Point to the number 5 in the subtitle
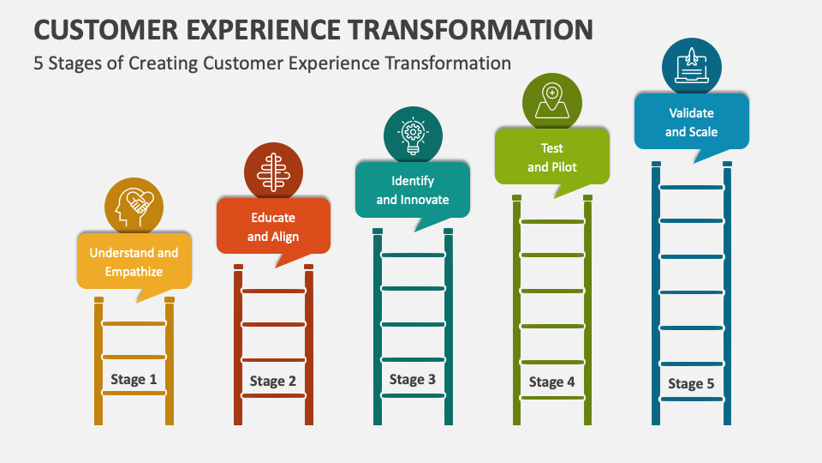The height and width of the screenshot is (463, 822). [x=39, y=63]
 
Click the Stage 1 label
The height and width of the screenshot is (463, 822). [x=134, y=379]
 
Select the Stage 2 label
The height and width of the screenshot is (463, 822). [x=273, y=381]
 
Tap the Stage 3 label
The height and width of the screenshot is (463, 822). [x=413, y=379]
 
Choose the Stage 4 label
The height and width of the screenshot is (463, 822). [x=552, y=382]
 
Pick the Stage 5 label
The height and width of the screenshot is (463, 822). [x=691, y=383]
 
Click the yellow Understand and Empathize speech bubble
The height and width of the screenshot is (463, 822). [x=134, y=262]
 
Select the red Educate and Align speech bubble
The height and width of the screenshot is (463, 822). [x=273, y=226]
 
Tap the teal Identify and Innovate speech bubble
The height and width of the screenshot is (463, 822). [x=413, y=190]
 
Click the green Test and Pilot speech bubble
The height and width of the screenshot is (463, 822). [x=552, y=157]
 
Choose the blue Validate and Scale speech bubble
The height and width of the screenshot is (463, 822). [x=691, y=122]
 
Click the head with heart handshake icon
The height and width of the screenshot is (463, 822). [x=134, y=206]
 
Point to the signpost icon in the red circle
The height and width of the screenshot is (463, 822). [x=273, y=171]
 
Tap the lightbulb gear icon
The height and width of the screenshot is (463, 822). [x=413, y=135]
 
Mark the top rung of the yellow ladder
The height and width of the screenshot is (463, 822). [x=134, y=323]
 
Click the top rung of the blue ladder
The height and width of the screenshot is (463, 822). [x=691, y=186]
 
